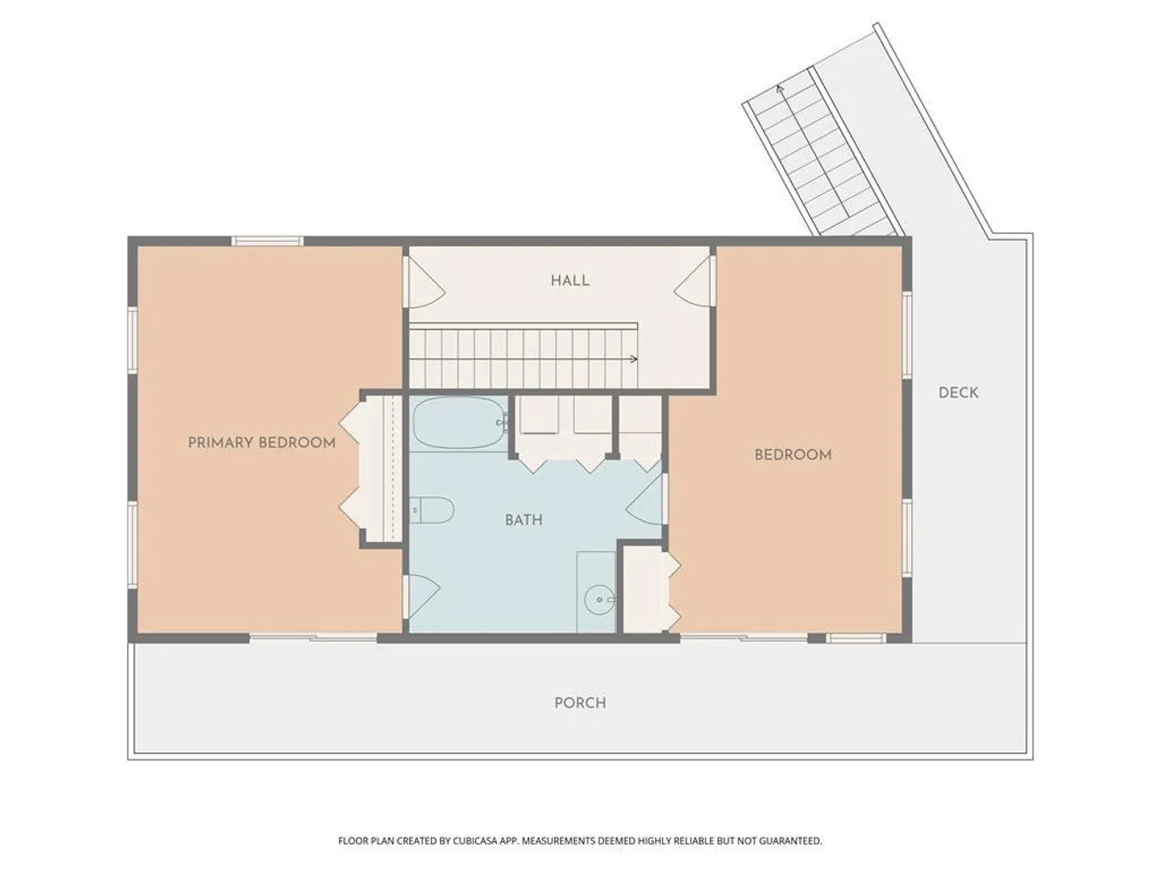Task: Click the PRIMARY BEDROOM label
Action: pyautogui.click(x=262, y=443)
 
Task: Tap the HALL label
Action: pyautogui.click(x=570, y=280)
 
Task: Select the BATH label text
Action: pyautogui.click(x=524, y=520)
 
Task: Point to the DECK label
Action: pyautogui.click(x=958, y=392)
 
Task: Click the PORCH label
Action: pyautogui.click(x=580, y=703)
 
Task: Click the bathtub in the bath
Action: pyautogui.click(x=458, y=423)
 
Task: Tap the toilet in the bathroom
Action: pyautogui.click(x=432, y=510)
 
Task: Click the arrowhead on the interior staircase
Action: pyautogui.click(x=634, y=359)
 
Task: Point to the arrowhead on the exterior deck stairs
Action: pyautogui.click(x=779, y=89)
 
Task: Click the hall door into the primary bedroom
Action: pyautogui.click(x=425, y=282)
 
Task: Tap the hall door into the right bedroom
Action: pyautogui.click(x=694, y=281)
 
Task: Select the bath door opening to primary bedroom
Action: pyautogui.click(x=423, y=597)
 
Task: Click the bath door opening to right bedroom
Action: pyautogui.click(x=646, y=500)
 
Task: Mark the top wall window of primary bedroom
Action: pyautogui.click(x=268, y=242)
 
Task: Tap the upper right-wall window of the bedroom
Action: pyautogui.click(x=907, y=335)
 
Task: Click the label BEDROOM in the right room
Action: pyautogui.click(x=793, y=455)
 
